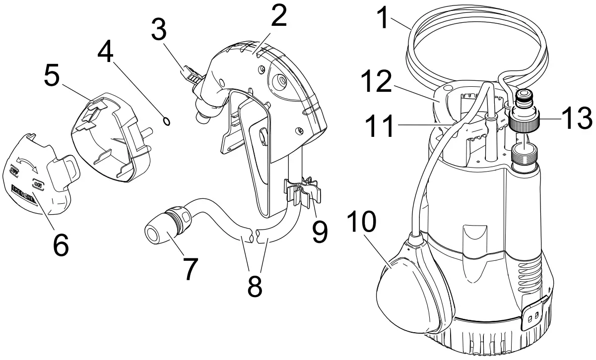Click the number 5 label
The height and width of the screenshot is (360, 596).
click(53, 75)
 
